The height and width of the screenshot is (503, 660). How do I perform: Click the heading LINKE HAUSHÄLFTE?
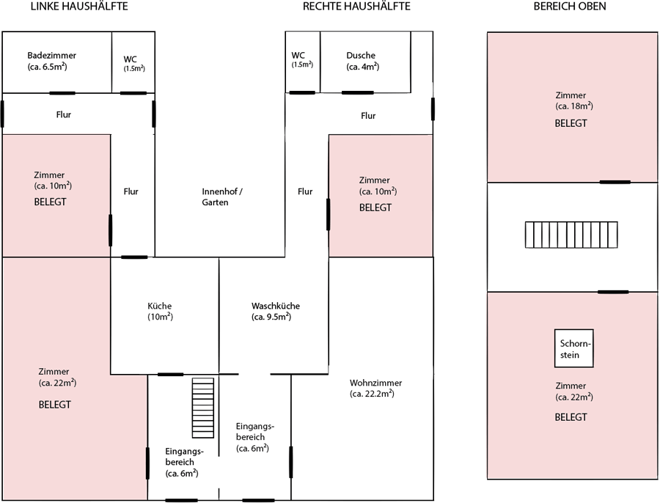pyautogui.click(x=79, y=7)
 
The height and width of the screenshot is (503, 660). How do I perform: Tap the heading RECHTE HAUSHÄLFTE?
pyautogui.click(x=356, y=7)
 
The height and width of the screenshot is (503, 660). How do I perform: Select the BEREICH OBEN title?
pyautogui.click(x=570, y=7)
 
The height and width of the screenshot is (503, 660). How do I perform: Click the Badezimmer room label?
pyautogui.click(x=51, y=56)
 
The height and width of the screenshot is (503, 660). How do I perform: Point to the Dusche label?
pyautogui.click(x=362, y=56)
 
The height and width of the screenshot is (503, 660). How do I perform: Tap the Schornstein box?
pyautogui.click(x=573, y=349)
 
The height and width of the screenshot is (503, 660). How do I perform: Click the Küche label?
pyautogui.click(x=159, y=306)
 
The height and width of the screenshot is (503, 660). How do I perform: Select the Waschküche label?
pyautogui.click(x=275, y=306)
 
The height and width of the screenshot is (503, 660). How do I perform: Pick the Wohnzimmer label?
pyautogui.click(x=375, y=383)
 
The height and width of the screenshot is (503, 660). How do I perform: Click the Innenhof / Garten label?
pyautogui.click(x=222, y=197)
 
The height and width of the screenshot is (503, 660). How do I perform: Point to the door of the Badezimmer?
pyautogui.click(x=62, y=93)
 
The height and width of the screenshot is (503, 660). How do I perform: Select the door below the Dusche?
pyautogui.click(x=356, y=92)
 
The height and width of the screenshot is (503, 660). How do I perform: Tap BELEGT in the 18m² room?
pyautogui.click(x=571, y=123)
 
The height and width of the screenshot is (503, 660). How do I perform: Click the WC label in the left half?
pyautogui.click(x=131, y=59)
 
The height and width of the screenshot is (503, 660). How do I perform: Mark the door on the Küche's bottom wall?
pyautogui.click(x=170, y=375)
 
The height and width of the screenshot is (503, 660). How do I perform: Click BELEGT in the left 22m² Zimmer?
pyautogui.click(x=56, y=404)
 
